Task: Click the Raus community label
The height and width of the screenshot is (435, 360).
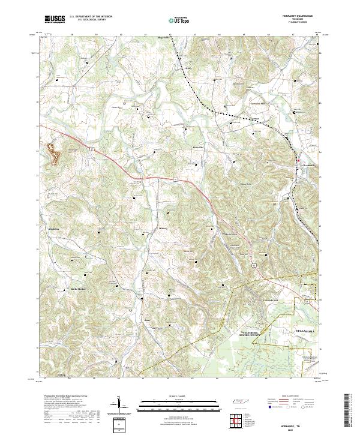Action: [x=146, y=320]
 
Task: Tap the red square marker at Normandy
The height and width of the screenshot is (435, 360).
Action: [x=298, y=161]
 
